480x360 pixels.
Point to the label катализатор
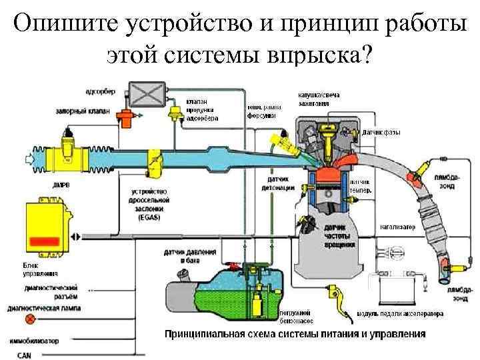pyautogui.click(x=398, y=227)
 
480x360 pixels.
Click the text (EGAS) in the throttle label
pyautogui.click(x=147, y=217)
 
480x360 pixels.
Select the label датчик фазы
pyautogui.click(x=381, y=132)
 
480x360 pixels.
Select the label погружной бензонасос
pyautogui.click(x=297, y=315)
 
